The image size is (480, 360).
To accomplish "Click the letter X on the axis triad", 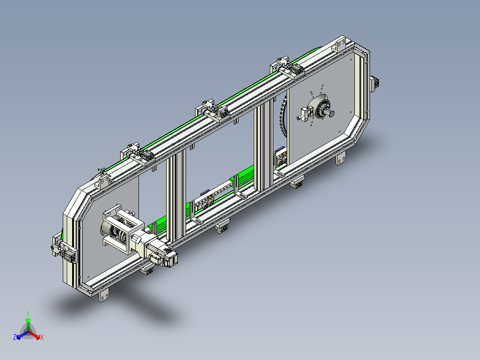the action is point(42,337).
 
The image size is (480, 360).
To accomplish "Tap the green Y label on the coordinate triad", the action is point(28,313).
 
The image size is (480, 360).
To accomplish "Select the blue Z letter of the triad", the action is point(15,337).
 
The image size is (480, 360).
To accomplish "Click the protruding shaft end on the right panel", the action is point(330,113).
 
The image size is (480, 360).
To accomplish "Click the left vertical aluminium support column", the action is point(176,196).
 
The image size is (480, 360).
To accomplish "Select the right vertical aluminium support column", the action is point(263,144).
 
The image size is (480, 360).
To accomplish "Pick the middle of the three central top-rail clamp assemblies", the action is point(213,111).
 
